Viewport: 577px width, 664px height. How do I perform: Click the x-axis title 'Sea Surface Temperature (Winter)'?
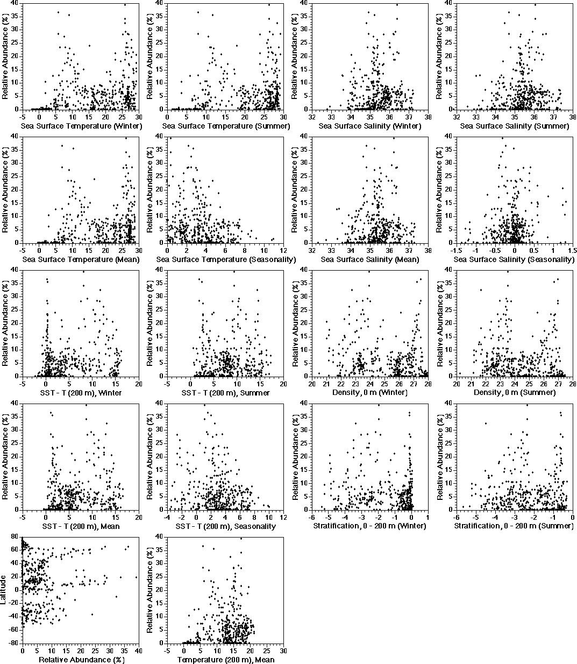tap(81, 126)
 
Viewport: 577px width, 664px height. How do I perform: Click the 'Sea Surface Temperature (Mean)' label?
tap(81, 259)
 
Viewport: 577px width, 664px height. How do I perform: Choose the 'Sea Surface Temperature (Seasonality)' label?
tap(226, 259)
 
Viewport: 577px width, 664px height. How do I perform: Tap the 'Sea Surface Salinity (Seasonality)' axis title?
tap(515, 259)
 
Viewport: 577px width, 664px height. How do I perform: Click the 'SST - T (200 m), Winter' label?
tap(81, 393)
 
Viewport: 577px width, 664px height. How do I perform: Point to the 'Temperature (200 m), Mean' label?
tap(225, 660)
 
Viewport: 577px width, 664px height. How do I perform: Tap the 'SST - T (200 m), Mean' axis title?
tap(81, 526)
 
